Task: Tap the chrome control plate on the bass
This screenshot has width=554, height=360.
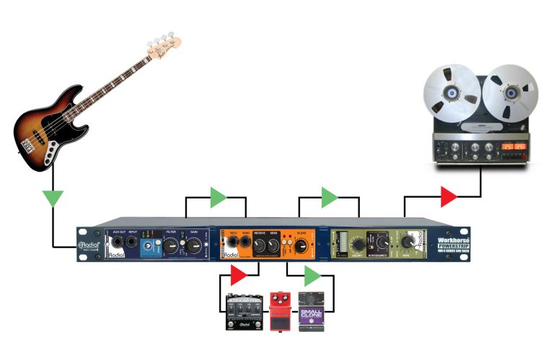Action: point(49,152)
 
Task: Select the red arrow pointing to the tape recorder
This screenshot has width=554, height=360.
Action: point(449,196)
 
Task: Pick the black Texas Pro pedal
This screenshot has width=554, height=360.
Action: point(243,312)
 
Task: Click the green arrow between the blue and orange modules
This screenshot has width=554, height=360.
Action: point(217,196)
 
